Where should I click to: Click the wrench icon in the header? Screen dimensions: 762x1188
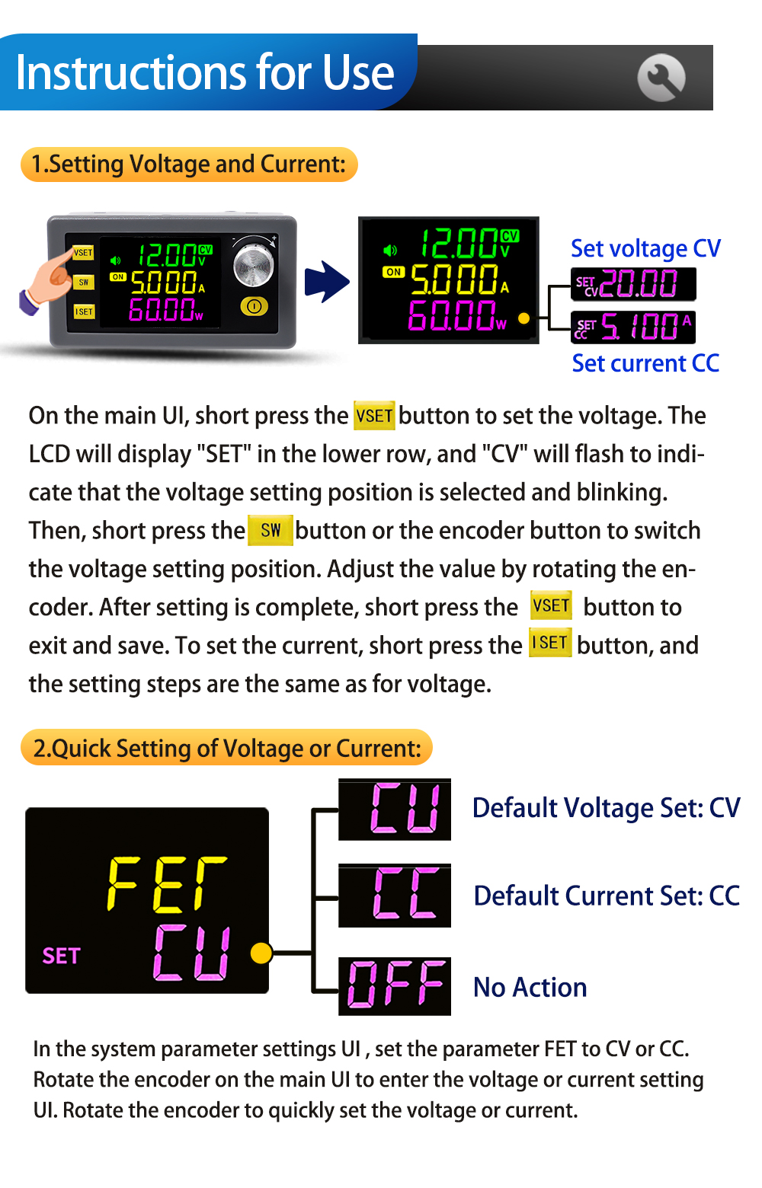[661, 78]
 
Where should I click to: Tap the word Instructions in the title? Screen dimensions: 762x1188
[132, 72]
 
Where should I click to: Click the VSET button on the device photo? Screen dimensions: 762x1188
[83, 253]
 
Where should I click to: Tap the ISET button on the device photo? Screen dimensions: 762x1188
[84, 311]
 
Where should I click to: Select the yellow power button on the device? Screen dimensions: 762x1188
[255, 306]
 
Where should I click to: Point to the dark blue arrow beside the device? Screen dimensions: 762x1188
[327, 282]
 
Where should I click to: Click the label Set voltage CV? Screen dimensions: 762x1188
[645, 248]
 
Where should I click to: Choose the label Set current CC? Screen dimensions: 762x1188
[645, 363]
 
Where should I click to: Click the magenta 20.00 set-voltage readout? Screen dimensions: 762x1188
[639, 283]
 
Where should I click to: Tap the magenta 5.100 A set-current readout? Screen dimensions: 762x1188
[645, 326]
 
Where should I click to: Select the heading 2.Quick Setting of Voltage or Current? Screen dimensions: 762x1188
[226, 748]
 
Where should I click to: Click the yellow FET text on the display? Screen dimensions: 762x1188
[167, 883]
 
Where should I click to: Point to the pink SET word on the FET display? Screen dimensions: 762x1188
[61, 956]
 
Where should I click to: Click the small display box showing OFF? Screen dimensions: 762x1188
[395, 986]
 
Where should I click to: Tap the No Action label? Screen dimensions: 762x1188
[530, 988]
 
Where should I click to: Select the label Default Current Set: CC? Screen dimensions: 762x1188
[607, 896]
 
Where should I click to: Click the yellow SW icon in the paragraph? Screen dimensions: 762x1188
[270, 530]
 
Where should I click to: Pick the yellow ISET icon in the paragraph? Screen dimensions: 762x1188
[550, 643]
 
